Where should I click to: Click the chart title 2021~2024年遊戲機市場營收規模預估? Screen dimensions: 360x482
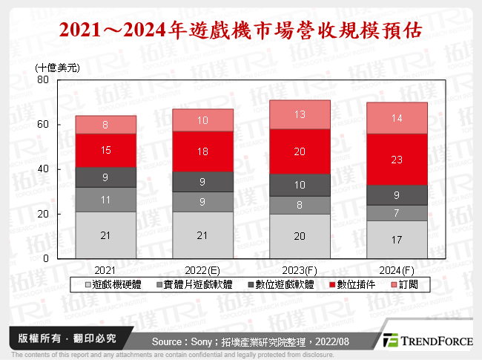click(x=241, y=30)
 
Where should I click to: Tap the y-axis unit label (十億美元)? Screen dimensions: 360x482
click(x=58, y=67)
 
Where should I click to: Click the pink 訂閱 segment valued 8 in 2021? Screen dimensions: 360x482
click(x=105, y=125)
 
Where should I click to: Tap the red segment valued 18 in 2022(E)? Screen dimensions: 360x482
click(x=202, y=151)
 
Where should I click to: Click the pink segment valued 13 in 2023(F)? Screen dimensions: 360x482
click(x=300, y=114)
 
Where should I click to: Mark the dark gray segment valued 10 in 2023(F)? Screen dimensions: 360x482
click(x=300, y=185)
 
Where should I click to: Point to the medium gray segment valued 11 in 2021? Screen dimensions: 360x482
click(x=105, y=199)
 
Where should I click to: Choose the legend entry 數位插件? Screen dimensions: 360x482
click(x=351, y=284)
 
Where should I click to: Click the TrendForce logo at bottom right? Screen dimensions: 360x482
click(x=428, y=340)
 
